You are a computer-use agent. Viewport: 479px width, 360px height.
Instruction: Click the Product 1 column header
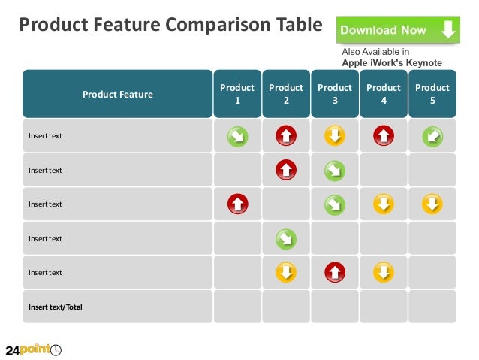[x=237, y=94]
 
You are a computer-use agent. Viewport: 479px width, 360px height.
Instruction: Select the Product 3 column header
[x=335, y=94]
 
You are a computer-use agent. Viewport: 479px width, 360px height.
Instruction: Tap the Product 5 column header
[x=432, y=94]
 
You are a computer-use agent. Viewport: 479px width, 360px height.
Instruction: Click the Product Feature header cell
[x=117, y=94]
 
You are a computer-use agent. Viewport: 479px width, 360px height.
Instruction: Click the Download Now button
[x=397, y=30]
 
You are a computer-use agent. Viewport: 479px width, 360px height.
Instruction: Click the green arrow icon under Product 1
[x=237, y=136]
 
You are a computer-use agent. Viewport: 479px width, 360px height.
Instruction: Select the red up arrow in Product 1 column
[x=237, y=204]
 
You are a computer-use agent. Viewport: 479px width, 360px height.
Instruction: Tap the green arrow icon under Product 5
[x=432, y=136]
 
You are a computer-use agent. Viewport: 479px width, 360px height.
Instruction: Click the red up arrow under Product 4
[x=384, y=136]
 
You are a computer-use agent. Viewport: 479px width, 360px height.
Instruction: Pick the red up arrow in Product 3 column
[x=335, y=271]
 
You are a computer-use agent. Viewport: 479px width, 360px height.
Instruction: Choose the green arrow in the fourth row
[x=286, y=238]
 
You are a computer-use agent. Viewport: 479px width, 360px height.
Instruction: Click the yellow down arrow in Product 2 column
[x=286, y=271]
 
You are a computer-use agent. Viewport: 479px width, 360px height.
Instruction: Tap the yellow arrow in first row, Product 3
[x=335, y=136]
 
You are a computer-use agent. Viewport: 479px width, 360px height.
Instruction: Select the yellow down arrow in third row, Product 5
[x=432, y=204]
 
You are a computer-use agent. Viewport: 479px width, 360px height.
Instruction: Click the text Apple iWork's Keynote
[x=391, y=63]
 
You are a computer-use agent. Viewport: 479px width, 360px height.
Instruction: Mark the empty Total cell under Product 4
[x=384, y=307]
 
